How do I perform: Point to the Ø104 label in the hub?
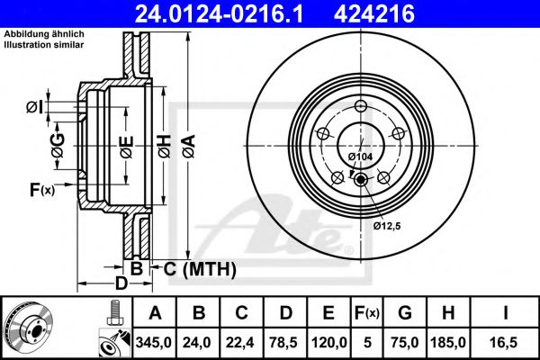click(x=359, y=157)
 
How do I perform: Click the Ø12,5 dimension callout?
click(x=388, y=225)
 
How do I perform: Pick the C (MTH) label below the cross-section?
click(x=198, y=268)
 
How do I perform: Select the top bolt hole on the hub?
click(x=361, y=108)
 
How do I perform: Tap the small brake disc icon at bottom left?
click(x=27, y=326)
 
